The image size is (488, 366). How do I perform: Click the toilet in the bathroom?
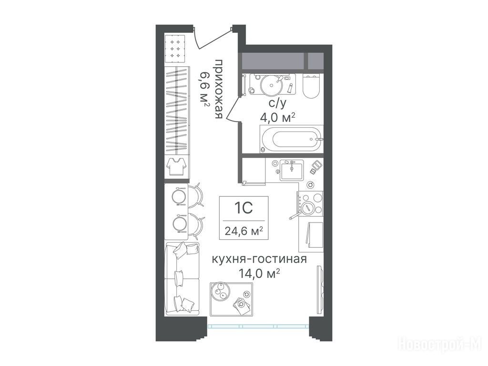(x=311, y=86)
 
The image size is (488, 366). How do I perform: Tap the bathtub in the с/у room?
(x=292, y=139)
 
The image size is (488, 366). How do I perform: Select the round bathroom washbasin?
(x=271, y=84)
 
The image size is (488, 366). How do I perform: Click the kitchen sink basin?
(x=292, y=170)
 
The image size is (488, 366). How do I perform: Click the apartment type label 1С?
(x=244, y=208)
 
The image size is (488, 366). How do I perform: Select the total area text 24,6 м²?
(x=244, y=231)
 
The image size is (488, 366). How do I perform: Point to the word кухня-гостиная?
(x=259, y=259)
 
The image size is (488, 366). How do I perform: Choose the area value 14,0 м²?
(x=259, y=274)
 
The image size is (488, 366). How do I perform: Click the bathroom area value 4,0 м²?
(x=277, y=118)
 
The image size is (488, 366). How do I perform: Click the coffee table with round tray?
(x=231, y=299)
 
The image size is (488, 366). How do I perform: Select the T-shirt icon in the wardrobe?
(x=176, y=166)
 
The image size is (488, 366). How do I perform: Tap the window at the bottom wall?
(x=258, y=326)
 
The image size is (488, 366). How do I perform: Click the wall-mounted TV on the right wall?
(x=320, y=289)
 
